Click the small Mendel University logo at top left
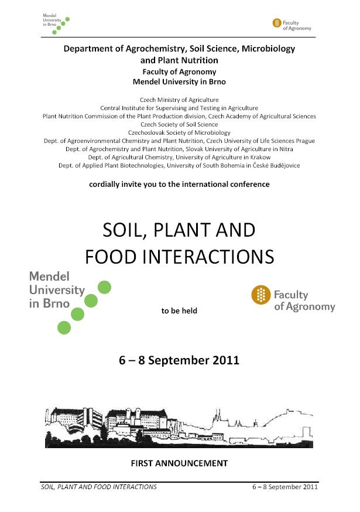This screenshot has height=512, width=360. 56,23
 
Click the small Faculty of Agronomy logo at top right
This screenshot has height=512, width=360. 292,24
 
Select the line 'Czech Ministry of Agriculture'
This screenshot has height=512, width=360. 179,100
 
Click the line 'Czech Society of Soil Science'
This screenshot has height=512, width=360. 179,125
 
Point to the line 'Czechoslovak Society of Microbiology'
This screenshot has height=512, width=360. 179,133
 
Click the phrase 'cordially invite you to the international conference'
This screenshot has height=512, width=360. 179,184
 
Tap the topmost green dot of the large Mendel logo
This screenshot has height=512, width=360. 104,287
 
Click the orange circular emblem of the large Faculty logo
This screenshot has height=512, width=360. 261,296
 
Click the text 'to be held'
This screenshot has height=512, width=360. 179,310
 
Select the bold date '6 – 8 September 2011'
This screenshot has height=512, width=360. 179,360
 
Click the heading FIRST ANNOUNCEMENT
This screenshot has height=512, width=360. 179,463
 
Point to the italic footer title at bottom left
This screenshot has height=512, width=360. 98,487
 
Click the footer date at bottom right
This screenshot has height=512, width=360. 284,487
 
